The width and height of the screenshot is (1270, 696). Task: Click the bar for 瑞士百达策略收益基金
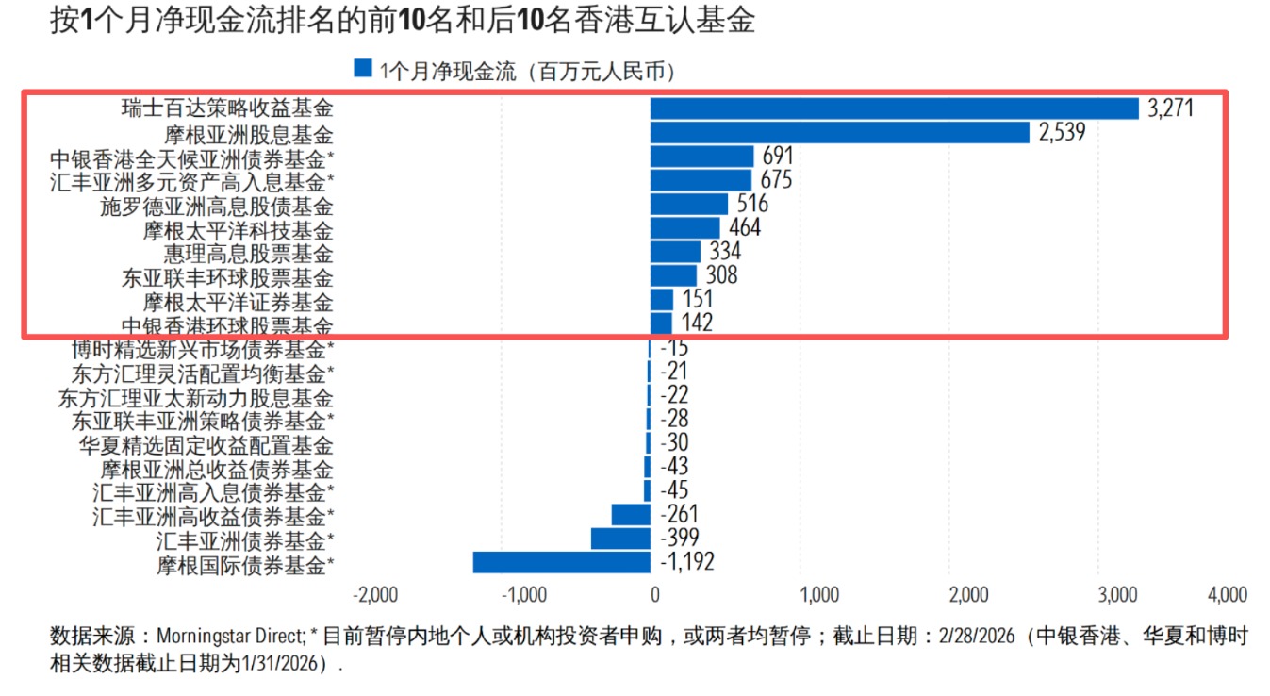894,108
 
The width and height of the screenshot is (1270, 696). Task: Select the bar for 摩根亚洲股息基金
839,133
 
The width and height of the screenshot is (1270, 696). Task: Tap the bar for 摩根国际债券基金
561,563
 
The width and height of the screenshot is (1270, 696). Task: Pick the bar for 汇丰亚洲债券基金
620,539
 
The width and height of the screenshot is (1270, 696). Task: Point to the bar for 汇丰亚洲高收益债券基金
631,515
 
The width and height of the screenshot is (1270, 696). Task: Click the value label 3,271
1171,108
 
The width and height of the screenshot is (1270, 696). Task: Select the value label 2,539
1063,133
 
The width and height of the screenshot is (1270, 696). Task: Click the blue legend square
363,69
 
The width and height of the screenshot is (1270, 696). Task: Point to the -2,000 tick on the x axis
374,595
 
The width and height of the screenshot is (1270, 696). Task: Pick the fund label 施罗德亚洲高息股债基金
217,205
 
